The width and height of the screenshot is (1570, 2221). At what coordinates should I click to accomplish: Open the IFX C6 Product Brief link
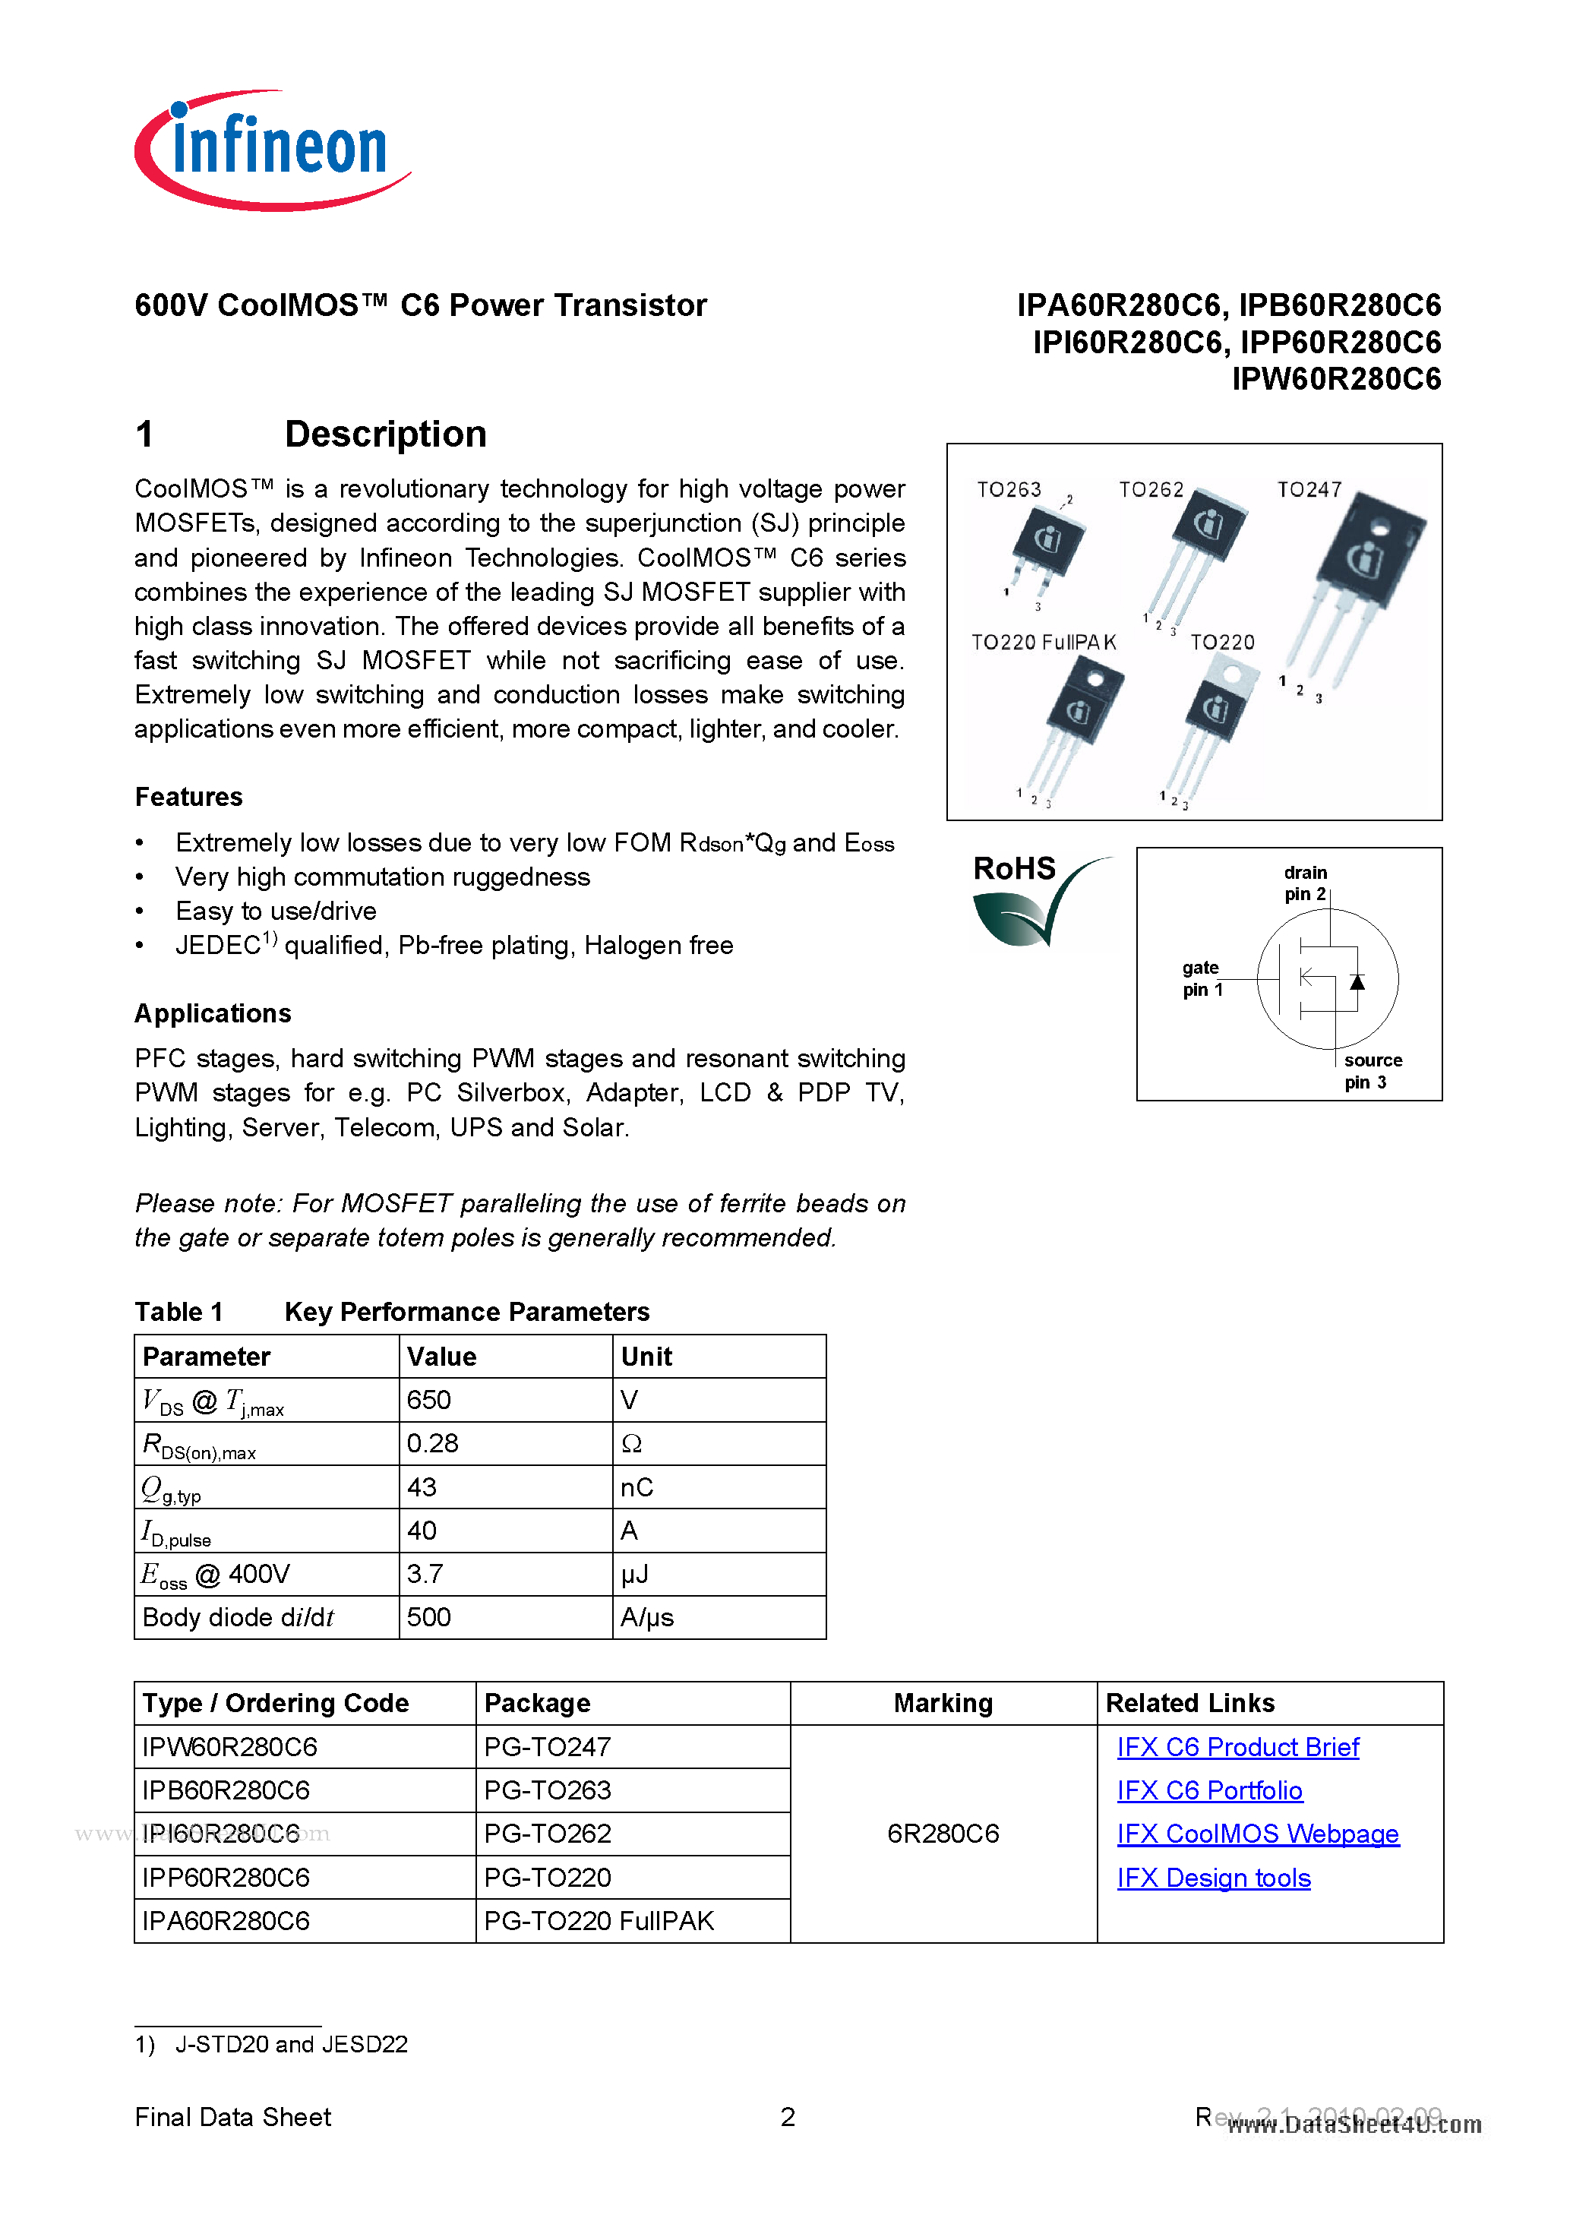point(1237,1747)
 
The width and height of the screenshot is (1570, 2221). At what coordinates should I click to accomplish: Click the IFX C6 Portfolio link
point(1209,1790)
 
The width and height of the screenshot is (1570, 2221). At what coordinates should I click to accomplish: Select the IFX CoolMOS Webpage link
point(1258,1834)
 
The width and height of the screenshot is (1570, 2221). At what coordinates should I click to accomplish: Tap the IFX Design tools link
point(1213,1878)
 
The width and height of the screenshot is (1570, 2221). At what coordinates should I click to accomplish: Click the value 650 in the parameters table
point(428,1400)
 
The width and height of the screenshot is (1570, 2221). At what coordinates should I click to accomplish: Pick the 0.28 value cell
point(432,1443)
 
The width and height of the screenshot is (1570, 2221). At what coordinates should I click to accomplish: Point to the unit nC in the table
point(637,1486)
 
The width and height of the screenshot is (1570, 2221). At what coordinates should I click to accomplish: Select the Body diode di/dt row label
point(238,1617)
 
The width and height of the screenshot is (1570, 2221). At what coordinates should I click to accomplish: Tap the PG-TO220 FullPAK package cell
point(599,1921)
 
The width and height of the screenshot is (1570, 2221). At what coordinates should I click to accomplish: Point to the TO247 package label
point(1309,489)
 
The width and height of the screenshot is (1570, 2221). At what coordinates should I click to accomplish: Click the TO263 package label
point(1009,489)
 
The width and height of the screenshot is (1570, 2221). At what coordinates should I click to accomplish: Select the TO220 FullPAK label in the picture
point(1043,643)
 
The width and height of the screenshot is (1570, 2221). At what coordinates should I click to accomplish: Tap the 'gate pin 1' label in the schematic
point(1202,978)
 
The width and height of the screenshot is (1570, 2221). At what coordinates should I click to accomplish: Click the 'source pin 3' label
point(1372,1071)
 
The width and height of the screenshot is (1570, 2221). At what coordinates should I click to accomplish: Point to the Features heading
point(188,797)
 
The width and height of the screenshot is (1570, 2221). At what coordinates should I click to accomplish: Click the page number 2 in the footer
point(788,2118)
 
